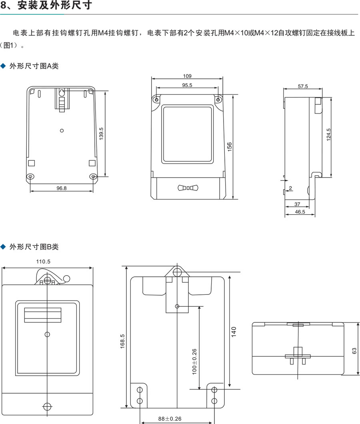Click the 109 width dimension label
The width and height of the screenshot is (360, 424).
[x=187, y=76]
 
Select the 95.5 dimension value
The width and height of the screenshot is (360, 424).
[x=187, y=85]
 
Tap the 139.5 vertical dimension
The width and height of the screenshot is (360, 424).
[x=101, y=134]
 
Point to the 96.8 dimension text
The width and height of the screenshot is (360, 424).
[x=62, y=187]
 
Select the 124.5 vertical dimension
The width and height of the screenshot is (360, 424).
[x=328, y=134]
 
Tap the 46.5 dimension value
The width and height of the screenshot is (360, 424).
[x=300, y=212]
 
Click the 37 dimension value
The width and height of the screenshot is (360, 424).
[x=297, y=204]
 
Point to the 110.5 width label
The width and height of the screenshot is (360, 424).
[x=48, y=262]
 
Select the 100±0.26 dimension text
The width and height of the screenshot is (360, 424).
[x=194, y=362]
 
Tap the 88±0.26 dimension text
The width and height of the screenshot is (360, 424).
[x=170, y=419]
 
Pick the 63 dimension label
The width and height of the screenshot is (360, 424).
[x=354, y=350]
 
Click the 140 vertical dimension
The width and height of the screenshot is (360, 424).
[x=234, y=331]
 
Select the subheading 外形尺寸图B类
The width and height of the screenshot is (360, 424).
[x=34, y=247]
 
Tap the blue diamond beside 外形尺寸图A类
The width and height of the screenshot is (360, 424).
[x=4, y=66]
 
